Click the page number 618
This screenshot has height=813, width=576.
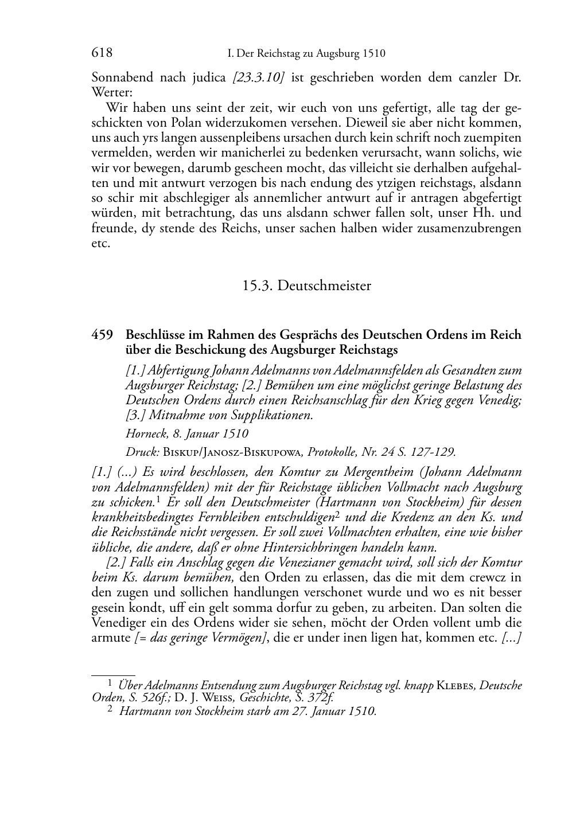click(102, 53)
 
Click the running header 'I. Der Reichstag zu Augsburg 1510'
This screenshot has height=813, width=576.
click(306, 54)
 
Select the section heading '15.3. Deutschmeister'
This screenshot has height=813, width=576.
click(306, 286)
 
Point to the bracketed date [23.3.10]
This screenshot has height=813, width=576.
click(258, 77)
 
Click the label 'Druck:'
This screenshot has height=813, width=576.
click(142, 452)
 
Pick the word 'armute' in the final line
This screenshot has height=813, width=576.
click(111, 638)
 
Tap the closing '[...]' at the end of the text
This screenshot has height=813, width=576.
click(511, 638)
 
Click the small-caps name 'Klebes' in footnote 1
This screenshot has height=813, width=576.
click(456, 685)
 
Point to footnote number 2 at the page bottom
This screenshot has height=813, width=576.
click(110, 711)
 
